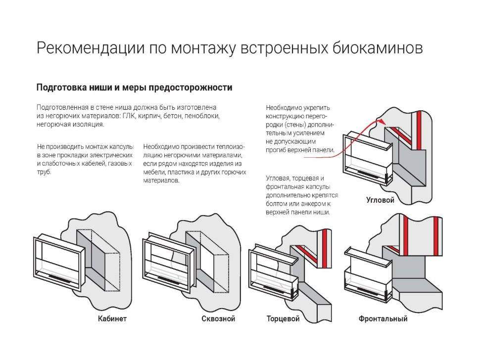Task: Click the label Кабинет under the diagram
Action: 112,319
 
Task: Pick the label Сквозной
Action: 218,319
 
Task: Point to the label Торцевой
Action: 283,319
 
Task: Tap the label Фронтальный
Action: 383,319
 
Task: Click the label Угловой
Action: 380,200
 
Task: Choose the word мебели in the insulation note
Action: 154,172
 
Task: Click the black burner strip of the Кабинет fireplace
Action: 63,279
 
